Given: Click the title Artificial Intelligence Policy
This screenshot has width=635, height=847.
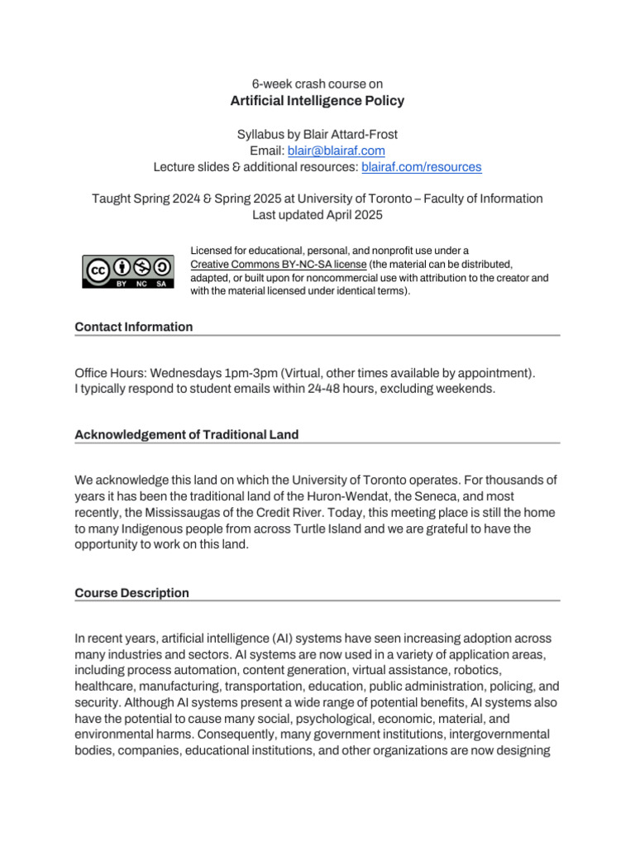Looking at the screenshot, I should [x=317, y=102].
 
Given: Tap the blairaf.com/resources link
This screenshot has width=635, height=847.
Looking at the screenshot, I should [x=422, y=167].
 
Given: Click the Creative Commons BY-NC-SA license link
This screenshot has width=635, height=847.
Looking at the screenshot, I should [x=278, y=264].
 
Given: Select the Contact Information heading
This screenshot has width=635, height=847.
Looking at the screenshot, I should [x=134, y=327].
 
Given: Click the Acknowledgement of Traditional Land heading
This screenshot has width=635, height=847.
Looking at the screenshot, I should [x=187, y=434].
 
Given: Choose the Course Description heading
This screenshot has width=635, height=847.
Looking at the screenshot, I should [x=132, y=593].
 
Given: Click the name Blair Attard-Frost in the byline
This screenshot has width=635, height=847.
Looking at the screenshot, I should [x=353, y=134].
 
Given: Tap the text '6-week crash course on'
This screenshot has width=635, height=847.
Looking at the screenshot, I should [x=317, y=84].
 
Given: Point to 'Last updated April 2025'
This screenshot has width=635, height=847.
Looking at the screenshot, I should [x=317, y=214].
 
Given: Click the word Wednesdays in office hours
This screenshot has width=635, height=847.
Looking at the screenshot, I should [x=187, y=373].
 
